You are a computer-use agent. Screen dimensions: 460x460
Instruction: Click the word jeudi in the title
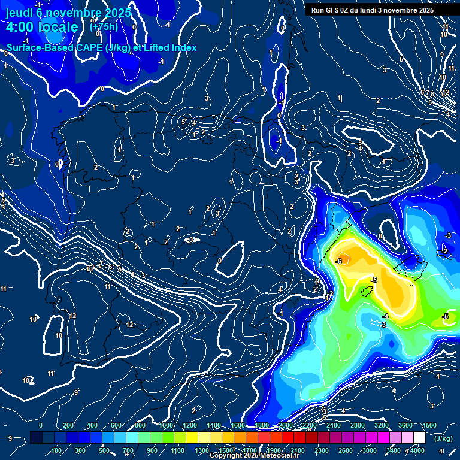pos(19,12)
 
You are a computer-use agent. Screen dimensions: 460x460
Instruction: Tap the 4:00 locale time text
pos(42,27)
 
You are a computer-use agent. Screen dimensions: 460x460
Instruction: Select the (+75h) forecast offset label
pos(104,26)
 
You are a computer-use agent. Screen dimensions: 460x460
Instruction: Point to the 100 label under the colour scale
pos(57,450)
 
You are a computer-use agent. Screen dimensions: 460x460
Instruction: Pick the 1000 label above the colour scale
pos(166,425)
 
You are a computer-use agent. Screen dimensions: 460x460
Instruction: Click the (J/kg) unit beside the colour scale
pos(443,438)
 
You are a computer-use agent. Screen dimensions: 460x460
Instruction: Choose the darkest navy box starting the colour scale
pos(36,438)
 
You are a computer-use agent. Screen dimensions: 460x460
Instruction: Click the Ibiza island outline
pos(365,292)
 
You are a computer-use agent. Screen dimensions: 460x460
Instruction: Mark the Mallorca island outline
pos(412,264)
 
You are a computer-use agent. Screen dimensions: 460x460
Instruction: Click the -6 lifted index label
pos(338,262)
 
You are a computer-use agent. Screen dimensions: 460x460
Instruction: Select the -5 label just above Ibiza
pos(374,280)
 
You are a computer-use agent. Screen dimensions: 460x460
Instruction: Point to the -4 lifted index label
pos(386,316)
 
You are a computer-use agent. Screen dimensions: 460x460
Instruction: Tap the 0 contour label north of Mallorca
pos(380,236)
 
